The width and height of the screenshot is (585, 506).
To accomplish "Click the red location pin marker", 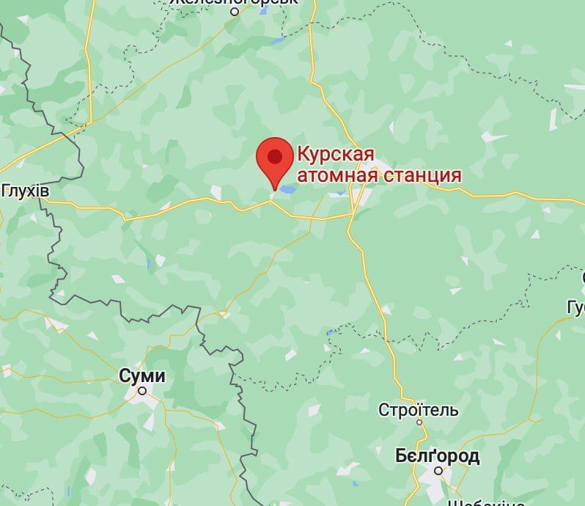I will pyautogui.click(x=275, y=162).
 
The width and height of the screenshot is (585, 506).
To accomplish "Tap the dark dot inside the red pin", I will pyautogui.click(x=275, y=155).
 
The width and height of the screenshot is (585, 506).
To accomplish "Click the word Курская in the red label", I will pyautogui.click(x=336, y=155).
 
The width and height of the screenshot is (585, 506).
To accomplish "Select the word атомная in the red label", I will pyautogui.click(x=334, y=175).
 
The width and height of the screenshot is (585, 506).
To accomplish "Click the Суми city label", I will pyautogui.click(x=142, y=376).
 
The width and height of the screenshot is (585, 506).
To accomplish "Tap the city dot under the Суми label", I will pyautogui.click(x=142, y=392).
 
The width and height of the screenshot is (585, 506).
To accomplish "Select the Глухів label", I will pyautogui.click(x=25, y=191).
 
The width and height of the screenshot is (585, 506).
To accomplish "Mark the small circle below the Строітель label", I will pyautogui.click(x=419, y=422).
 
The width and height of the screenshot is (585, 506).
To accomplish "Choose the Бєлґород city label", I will pyautogui.click(x=437, y=456).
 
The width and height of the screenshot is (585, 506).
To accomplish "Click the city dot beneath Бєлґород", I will pyautogui.click(x=438, y=471).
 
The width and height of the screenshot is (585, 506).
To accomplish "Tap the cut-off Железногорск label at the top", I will pyautogui.click(x=233, y=2).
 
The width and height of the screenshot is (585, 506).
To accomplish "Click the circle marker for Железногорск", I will pyautogui.click(x=235, y=12).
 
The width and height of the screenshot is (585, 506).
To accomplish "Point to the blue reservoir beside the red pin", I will pyautogui.click(x=287, y=189).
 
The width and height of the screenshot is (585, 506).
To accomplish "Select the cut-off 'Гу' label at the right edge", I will pyautogui.click(x=575, y=307).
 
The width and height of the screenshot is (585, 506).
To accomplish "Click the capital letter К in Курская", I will pyautogui.click(x=302, y=155).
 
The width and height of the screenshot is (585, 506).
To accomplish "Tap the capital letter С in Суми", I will pyautogui.click(x=125, y=376).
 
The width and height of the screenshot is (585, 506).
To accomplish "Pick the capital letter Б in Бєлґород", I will pyautogui.click(x=401, y=456).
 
